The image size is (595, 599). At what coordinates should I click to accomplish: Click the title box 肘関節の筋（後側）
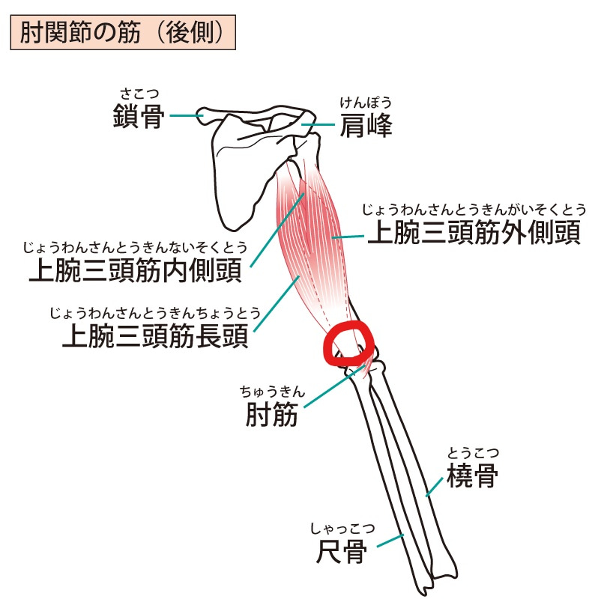point(123,32)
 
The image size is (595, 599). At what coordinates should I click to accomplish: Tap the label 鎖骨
point(139,116)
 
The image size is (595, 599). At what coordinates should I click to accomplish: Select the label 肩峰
point(366,125)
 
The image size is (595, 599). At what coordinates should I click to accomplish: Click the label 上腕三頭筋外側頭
point(474,232)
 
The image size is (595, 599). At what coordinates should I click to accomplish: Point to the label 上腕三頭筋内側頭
point(136,270)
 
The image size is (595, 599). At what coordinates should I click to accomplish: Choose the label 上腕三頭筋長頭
point(155,335)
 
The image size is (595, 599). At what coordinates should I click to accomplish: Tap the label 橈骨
point(472,475)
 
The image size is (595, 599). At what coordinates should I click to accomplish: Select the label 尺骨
point(342,551)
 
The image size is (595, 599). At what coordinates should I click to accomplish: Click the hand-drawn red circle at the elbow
point(348,344)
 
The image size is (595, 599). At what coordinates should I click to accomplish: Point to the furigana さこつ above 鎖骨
point(139,93)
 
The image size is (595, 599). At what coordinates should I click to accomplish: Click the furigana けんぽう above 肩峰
point(366,103)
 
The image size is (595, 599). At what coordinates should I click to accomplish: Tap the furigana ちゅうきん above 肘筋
point(272,392)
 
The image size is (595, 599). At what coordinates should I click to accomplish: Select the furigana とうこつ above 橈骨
point(473,453)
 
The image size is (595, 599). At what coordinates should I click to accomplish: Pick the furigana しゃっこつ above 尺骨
point(342,529)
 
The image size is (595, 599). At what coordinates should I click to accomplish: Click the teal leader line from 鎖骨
point(187,115)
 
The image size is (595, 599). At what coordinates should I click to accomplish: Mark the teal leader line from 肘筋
point(334,386)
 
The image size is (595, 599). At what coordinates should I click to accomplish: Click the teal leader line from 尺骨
point(390,541)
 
